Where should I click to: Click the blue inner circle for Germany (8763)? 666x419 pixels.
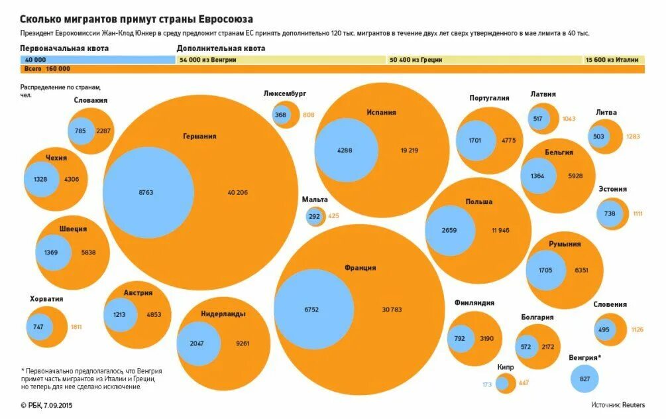pyautogui.click(x=147, y=192)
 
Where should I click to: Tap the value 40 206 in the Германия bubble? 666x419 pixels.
pyautogui.click(x=237, y=192)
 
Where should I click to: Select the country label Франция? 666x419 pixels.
pyautogui.click(x=360, y=268)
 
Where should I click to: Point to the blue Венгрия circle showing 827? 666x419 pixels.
pyautogui.click(x=584, y=378)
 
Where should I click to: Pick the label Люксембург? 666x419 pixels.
pyautogui.click(x=284, y=94)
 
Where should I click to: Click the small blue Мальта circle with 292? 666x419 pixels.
pyautogui.click(x=314, y=216)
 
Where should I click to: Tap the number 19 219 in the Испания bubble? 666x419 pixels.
pyautogui.click(x=409, y=150)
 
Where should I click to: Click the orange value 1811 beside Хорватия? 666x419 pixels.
pyautogui.click(x=76, y=327)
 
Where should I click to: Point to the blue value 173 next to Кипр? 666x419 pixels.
pyautogui.click(x=487, y=385)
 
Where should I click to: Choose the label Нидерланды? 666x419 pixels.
pyautogui.click(x=223, y=314)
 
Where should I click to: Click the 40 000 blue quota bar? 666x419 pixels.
pyautogui.click(x=98, y=60)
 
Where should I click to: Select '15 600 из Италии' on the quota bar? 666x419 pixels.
pyautogui.click(x=612, y=60)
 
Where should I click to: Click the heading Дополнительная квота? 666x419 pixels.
pyautogui.click(x=221, y=48)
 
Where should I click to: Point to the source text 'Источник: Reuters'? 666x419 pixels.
pyautogui.click(x=618, y=404)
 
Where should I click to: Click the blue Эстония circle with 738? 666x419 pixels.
pyautogui.click(x=610, y=213)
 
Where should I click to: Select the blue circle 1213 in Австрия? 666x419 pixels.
pyautogui.click(x=120, y=315)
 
